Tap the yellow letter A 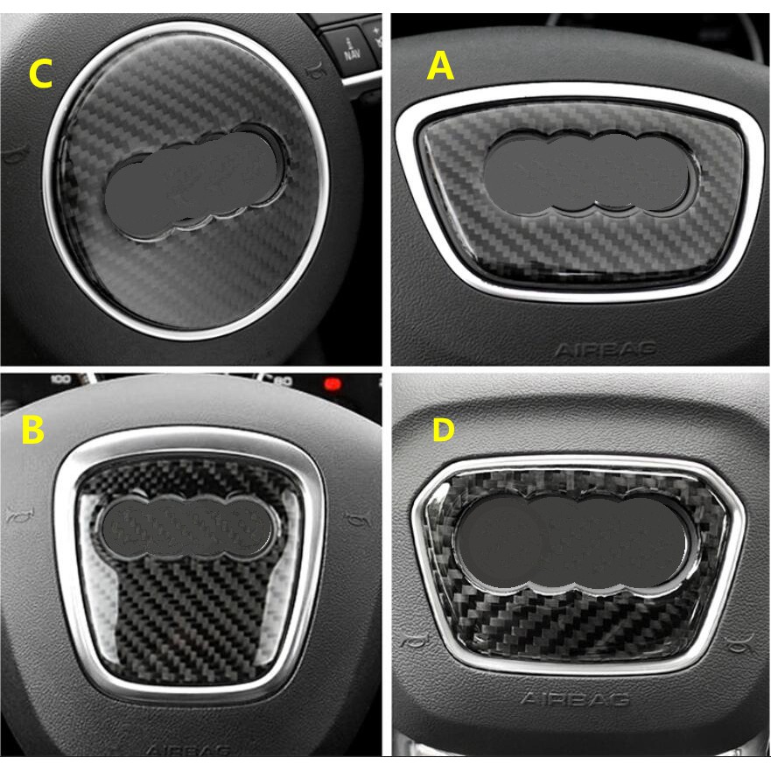(x=440, y=65)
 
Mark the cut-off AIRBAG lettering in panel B (x=188, y=750)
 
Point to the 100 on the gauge (x=60, y=381)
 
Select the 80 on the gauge (x=282, y=382)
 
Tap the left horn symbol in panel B (x=15, y=512)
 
